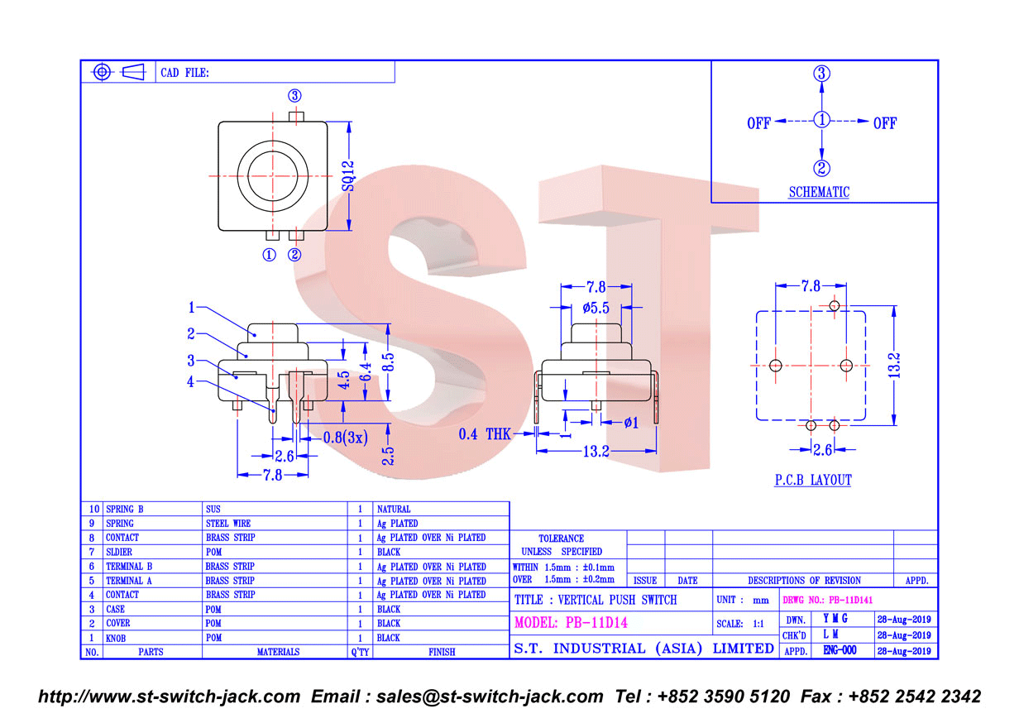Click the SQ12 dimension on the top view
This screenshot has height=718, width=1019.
click(348, 176)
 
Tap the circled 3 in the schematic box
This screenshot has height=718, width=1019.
click(821, 74)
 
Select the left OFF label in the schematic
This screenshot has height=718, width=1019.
click(758, 123)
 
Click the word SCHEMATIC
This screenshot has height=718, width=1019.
click(819, 192)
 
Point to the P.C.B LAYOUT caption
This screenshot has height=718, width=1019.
click(813, 480)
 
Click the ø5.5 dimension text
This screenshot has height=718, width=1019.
click(596, 309)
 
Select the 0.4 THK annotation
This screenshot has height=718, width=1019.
click(485, 434)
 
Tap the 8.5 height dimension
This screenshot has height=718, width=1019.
click(388, 361)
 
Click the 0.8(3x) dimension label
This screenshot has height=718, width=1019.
click(345, 438)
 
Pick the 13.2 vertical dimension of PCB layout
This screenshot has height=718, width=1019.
click(894, 366)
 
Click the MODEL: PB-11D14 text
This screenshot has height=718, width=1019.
click(571, 622)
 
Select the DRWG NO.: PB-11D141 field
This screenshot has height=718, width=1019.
click(827, 601)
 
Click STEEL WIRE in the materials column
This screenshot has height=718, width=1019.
click(228, 524)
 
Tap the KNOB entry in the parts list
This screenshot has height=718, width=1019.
click(116, 639)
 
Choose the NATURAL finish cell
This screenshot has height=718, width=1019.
click(394, 510)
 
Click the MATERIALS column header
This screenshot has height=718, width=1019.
click(278, 652)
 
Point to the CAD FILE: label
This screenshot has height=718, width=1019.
click(184, 73)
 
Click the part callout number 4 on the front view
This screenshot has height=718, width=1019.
click(190, 382)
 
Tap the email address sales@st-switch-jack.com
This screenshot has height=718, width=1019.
click(490, 696)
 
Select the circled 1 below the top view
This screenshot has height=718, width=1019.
click(270, 255)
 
